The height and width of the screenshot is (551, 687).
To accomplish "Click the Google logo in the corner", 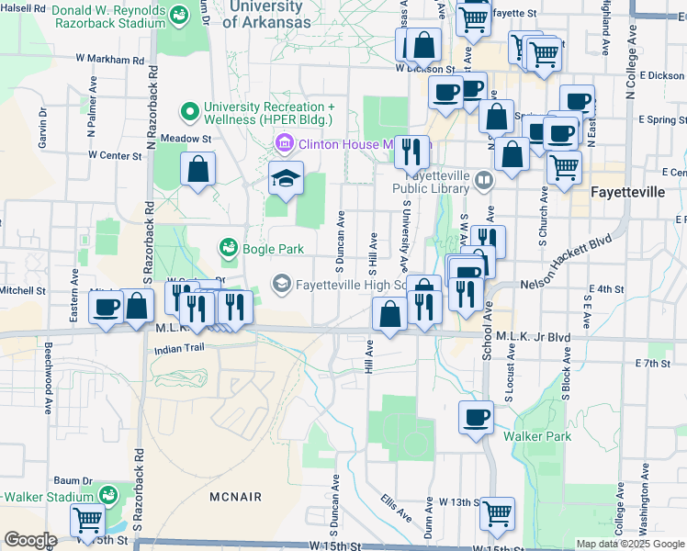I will [x=30, y=540].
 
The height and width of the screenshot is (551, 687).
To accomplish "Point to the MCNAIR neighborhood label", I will [x=234, y=497].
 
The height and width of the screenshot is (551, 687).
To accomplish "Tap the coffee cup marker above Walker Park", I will [x=476, y=417].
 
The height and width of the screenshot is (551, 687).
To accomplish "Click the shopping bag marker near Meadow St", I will [x=198, y=168].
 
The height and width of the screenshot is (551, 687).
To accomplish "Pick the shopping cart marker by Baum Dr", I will [x=88, y=521].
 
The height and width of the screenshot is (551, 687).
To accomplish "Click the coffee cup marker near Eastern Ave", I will [x=107, y=307].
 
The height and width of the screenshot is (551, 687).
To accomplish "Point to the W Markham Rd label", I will [x=110, y=58].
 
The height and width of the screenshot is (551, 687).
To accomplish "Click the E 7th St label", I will [x=653, y=364].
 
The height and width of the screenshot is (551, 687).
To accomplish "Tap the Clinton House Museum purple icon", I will [x=282, y=143].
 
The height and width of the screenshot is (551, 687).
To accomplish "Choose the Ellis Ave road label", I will [x=398, y=507].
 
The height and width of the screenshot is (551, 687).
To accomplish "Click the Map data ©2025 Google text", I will [x=629, y=544].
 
